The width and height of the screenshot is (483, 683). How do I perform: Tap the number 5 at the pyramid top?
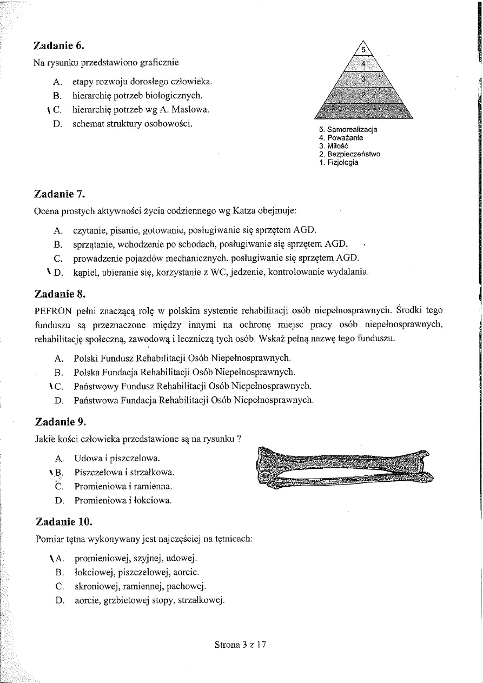[x=363, y=49]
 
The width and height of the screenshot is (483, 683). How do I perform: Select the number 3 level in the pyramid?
[x=363, y=79]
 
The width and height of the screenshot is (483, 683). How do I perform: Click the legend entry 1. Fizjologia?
[x=339, y=162]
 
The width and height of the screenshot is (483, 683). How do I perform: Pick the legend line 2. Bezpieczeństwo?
[x=349, y=154]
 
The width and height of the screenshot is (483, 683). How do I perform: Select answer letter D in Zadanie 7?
[x=59, y=272]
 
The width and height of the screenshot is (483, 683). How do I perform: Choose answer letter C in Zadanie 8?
[x=59, y=386]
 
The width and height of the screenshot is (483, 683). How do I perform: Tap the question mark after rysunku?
[x=239, y=438]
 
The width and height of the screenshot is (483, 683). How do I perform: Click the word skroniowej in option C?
[x=96, y=586]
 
